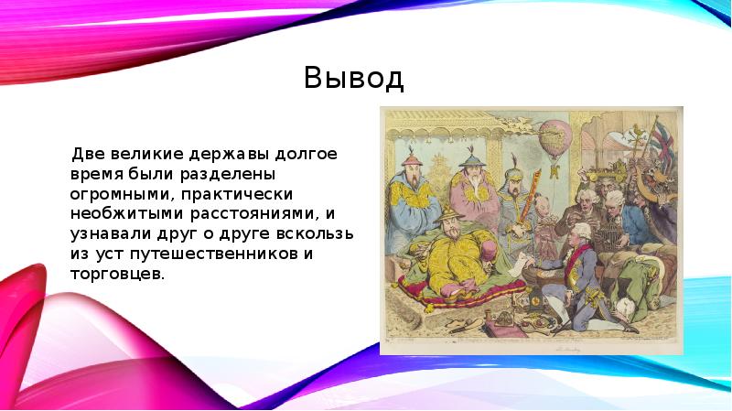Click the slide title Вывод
point(352,79)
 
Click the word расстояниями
point(254,213)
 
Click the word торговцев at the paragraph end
point(117,276)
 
